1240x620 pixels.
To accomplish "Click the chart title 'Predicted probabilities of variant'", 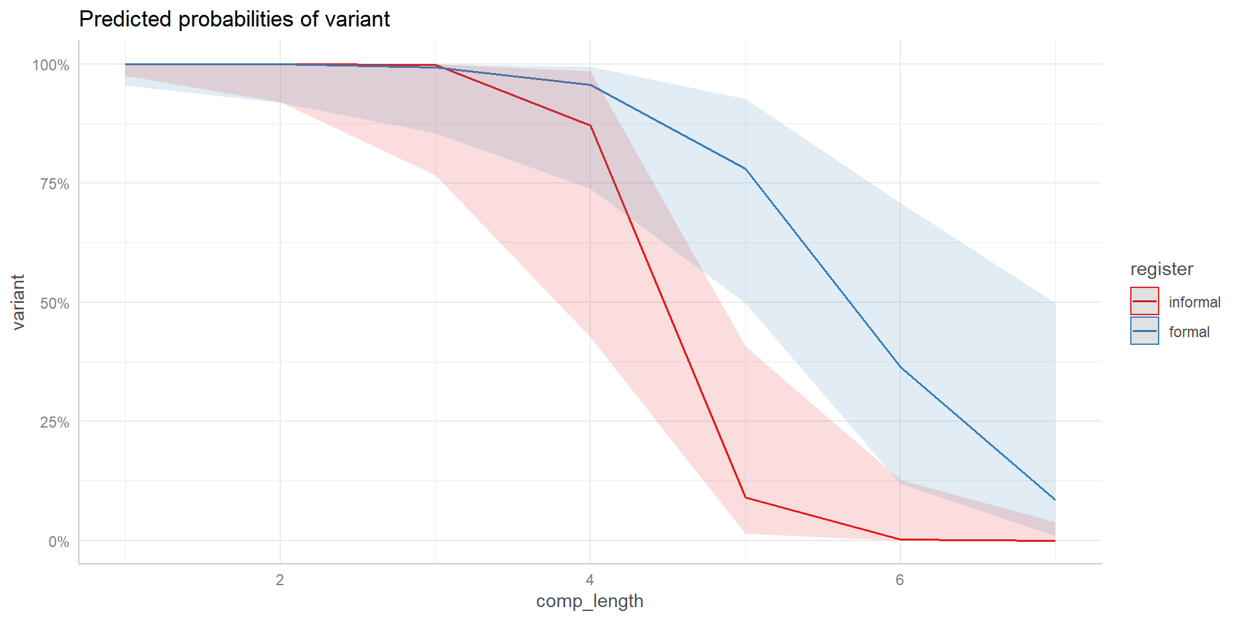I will (x=234, y=19).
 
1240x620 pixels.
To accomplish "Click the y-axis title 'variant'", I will (x=18, y=302).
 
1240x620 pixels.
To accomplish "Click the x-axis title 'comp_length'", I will (x=590, y=601).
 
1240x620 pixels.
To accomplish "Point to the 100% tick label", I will (x=51, y=65).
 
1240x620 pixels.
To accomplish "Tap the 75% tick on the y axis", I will (x=54, y=184).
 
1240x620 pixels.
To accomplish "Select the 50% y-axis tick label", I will (x=54, y=303).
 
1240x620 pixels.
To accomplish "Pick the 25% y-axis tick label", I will (x=54, y=422).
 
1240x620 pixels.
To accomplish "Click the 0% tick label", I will (x=59, y=541).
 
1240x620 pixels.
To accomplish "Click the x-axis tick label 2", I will (x=280, y=580).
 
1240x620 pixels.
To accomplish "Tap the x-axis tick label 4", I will (x=590, y=580).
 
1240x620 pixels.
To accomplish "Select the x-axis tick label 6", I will (x=900, y=580).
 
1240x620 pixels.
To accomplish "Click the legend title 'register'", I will (x=1161, y=269).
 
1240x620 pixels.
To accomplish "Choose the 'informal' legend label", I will (x=1194, y=302).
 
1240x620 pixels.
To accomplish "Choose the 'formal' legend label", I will (x=1189, y=332).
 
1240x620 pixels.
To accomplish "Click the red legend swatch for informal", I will (x=1144, y=302).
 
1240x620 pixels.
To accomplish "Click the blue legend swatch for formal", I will (x=1144, y=331).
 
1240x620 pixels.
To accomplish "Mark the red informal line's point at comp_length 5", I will (x=745, y=497).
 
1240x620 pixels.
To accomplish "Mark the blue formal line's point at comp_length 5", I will (x=745, y=169).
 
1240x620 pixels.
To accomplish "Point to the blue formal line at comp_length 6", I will (x=900, y=367).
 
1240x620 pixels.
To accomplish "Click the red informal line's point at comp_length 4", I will (x=590, y=125).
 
